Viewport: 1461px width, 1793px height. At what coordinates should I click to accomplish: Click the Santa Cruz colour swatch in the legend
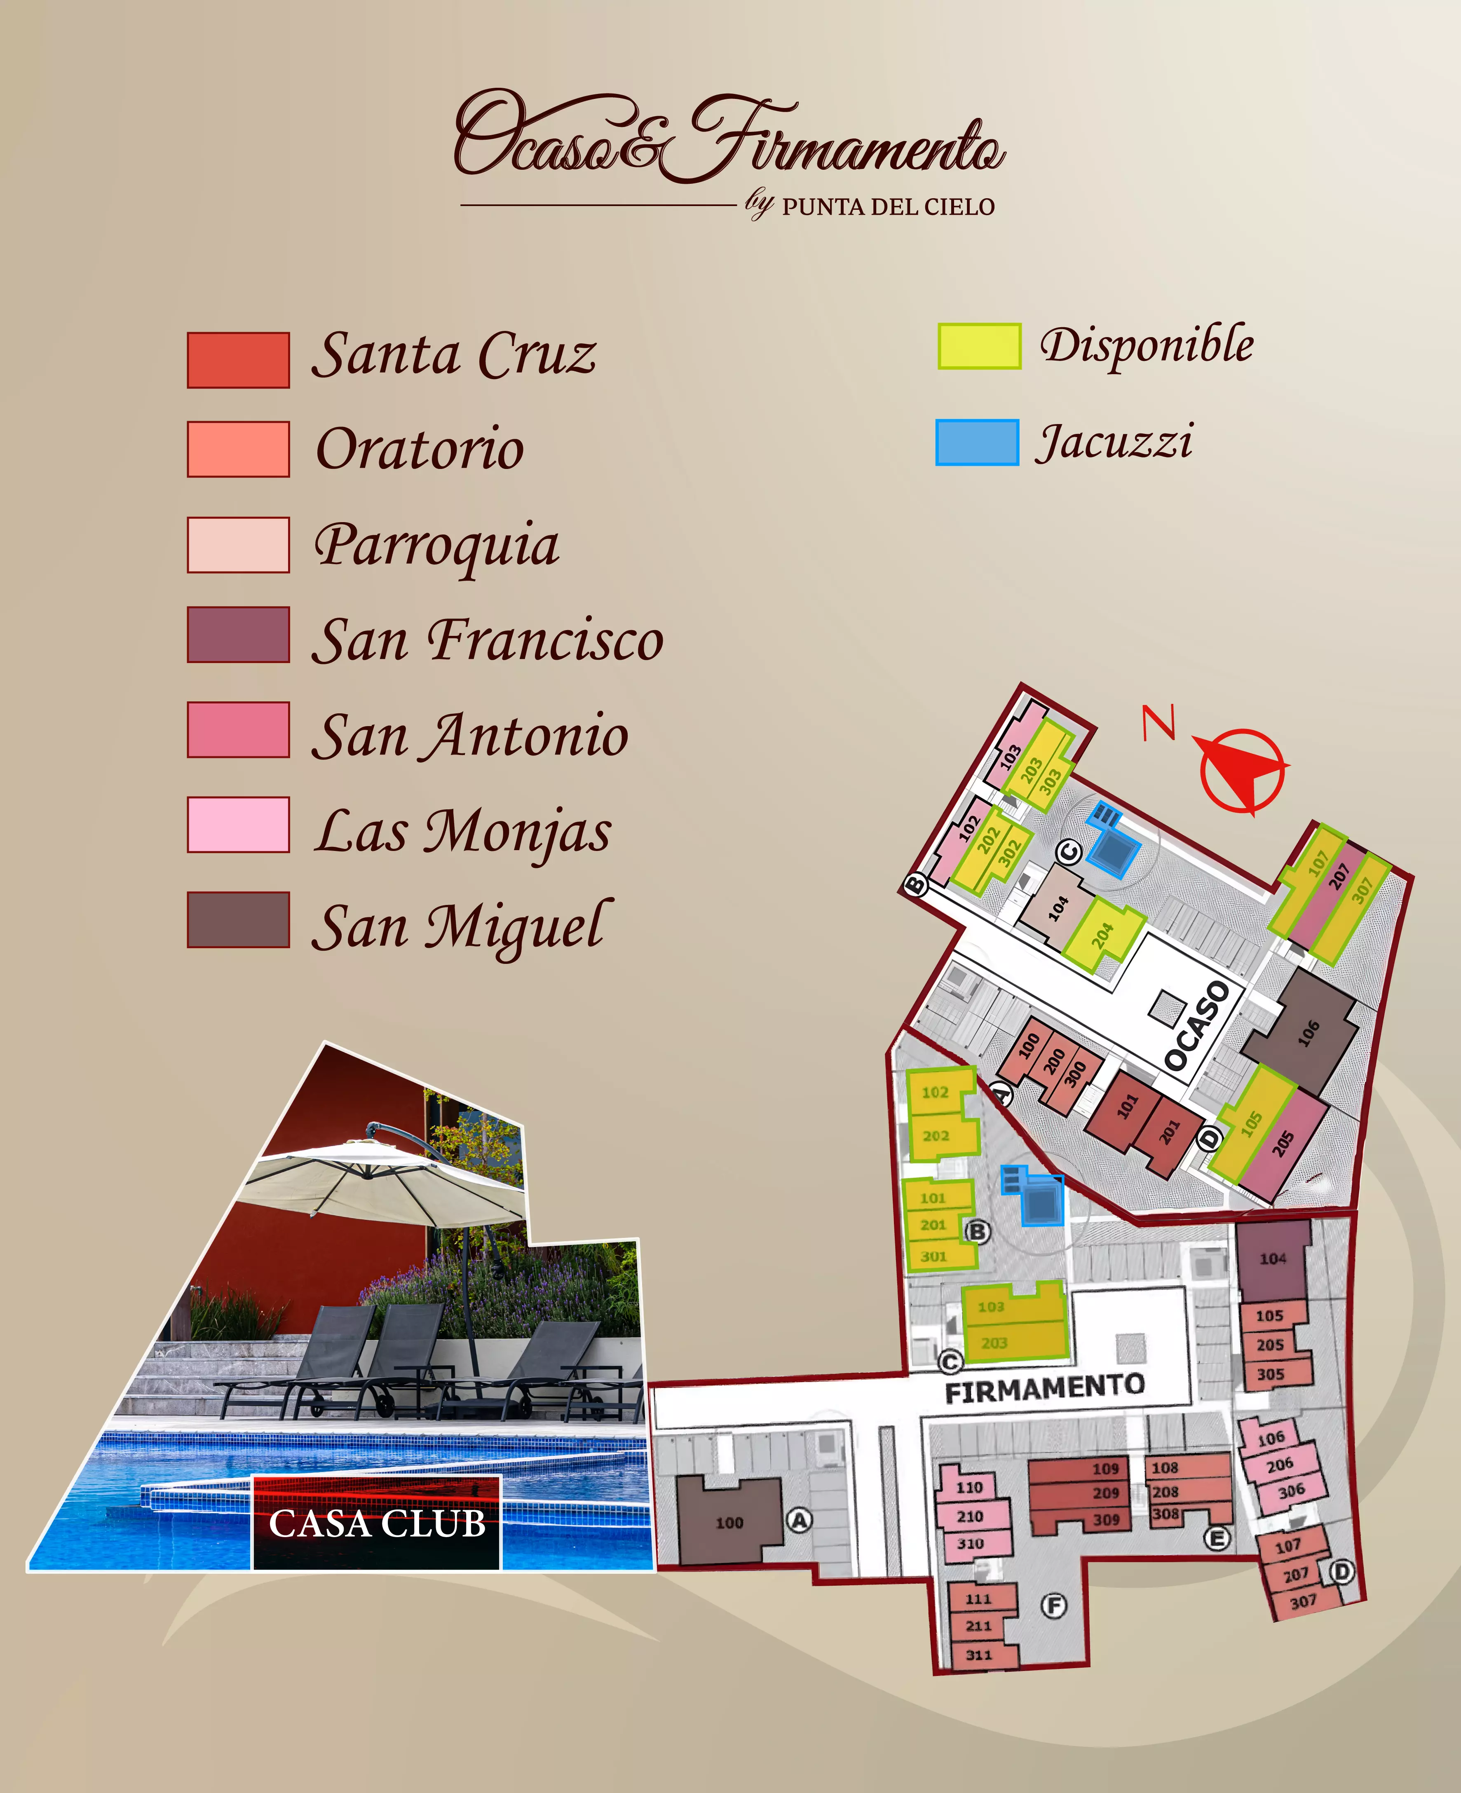point(238,360)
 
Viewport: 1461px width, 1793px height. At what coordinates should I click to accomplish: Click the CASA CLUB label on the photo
point(377,1524)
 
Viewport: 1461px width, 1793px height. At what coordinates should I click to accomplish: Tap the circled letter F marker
point(1054,1605)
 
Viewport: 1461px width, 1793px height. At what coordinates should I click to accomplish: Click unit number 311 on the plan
point(979,1654)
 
